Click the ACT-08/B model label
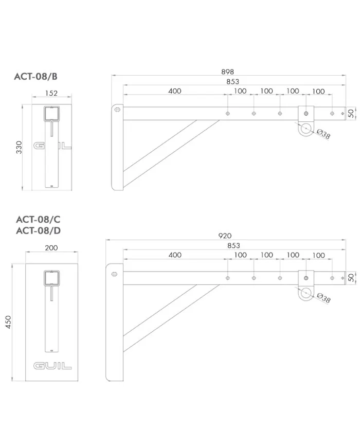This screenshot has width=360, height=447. pos(35,77)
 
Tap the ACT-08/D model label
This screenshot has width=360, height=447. pos(39,230)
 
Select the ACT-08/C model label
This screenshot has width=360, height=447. pos(38,219)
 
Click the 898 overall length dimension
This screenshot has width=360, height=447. pos(227,72)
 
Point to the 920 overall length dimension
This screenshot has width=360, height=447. pos(225,236)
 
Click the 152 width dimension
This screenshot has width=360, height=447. pos(51,93)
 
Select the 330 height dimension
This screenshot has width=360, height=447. pos(19,147)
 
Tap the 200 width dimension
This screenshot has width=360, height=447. pos(51,248)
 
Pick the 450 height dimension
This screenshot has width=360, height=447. pos(8,322)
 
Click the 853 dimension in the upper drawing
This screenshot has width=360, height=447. pos(232,82)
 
